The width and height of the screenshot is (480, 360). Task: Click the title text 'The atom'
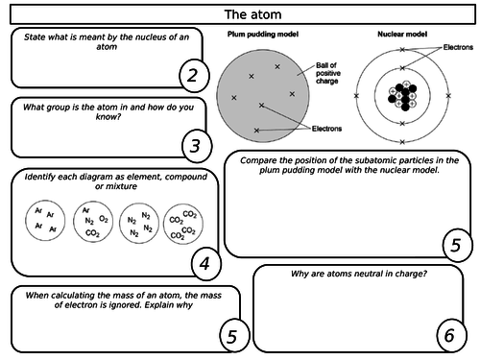point(240,13)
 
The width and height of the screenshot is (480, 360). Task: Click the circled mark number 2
point(193,74)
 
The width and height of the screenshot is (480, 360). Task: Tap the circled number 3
point(195,145)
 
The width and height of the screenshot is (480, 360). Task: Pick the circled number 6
point(447,334)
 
